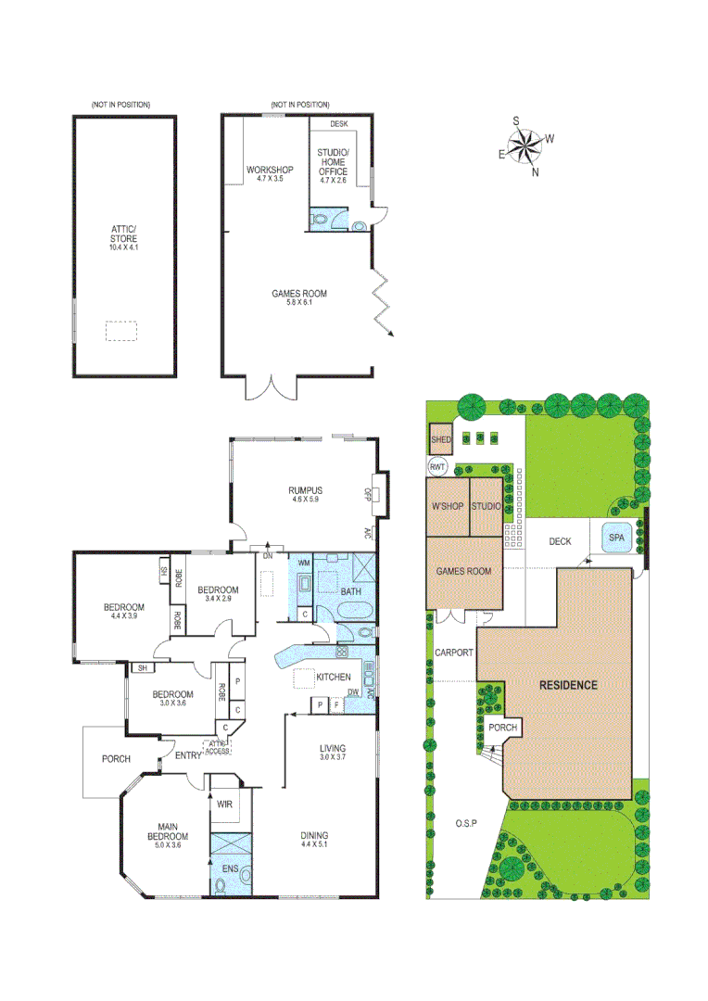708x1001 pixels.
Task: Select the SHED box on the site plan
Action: click(439, 439)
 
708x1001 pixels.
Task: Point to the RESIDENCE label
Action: click(569, 686)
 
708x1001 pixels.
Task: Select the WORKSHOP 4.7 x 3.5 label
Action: click(269, 172)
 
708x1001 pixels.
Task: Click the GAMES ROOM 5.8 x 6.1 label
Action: click(298, 298)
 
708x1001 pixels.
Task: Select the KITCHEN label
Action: click(334, 677)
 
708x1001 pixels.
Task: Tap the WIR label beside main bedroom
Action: click(224, 805)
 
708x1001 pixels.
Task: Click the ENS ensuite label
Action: click(229, 870)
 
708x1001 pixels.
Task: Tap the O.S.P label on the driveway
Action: click(465, 823)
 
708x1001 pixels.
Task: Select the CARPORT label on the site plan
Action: click(454, 653)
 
